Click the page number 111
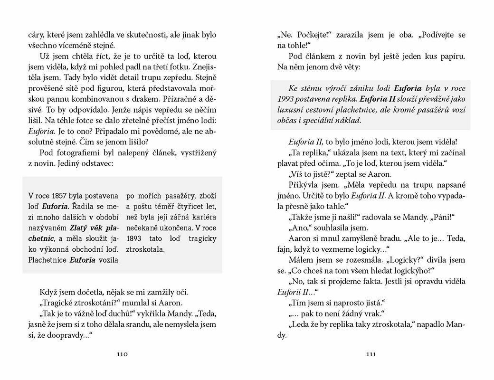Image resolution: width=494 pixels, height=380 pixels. click(x=371, y=354)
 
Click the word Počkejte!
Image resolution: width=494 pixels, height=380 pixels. click(x=312, y=35)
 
